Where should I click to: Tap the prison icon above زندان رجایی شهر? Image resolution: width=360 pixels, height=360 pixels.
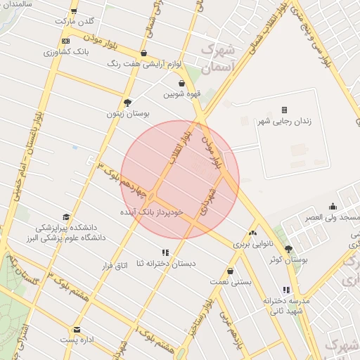[x=285, y=110]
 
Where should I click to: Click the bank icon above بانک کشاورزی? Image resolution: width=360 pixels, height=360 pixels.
[x=65, y=41]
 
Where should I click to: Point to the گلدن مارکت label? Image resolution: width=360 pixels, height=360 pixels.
[x=78, y=21]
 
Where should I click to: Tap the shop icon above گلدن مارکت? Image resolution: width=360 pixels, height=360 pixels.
[x=75, y=11]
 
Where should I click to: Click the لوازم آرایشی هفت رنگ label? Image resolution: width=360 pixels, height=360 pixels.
[x=144, y=63]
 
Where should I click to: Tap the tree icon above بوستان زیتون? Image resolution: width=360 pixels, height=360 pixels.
[x=127, y=102]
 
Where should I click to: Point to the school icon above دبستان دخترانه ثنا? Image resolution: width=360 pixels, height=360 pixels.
[x=165, y=252]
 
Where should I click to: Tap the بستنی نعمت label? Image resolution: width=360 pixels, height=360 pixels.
[x=231, y=281]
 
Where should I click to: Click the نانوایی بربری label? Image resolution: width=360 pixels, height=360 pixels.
[x=252, y=243]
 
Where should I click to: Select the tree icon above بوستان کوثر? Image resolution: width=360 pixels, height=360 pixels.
[x=288, y=249]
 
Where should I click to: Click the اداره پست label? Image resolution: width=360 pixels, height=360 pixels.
[x=77, y=340]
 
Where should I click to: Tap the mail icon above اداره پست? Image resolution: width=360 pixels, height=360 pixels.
[x=77, y=329]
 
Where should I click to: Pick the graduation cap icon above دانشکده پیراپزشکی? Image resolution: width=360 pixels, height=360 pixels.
[x=67, y=217]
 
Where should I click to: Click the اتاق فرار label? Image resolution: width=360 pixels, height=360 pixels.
[x=113, y=266]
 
